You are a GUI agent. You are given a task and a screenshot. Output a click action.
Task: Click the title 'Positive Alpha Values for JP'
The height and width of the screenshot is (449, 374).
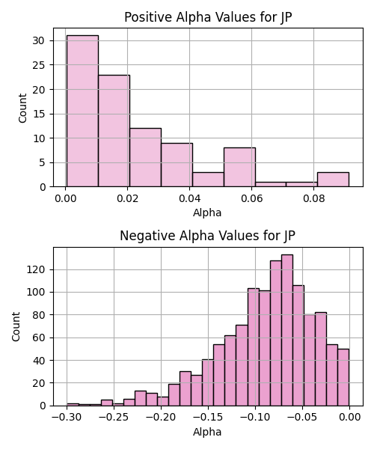208,17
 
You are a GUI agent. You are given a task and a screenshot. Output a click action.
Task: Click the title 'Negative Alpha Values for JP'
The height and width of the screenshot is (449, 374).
207,236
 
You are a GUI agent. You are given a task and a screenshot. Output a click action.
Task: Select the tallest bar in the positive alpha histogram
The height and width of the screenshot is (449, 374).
82,111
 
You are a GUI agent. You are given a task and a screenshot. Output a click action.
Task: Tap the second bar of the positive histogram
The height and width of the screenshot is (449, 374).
114,131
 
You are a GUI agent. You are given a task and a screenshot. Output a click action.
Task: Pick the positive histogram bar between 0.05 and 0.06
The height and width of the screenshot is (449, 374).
239,167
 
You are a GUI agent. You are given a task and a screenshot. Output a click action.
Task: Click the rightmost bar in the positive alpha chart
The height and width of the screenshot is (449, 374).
333,180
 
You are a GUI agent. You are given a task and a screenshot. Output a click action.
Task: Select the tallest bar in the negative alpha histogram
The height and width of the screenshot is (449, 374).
287,330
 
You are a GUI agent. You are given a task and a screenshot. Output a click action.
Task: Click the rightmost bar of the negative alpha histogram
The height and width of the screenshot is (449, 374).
343,377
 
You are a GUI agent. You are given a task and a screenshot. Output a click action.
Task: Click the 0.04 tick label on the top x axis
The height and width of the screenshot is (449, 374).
189,198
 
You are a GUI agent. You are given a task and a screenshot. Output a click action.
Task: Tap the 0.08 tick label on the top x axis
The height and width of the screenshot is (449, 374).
313,198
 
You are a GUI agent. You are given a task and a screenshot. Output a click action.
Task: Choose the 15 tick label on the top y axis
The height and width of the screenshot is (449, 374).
39,114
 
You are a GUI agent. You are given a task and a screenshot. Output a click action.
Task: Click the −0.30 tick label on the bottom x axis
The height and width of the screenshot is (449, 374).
67,417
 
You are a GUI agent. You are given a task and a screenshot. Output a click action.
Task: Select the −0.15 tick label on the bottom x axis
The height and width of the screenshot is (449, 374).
208,417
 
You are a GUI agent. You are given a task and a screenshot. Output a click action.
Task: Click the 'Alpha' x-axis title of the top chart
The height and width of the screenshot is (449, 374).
207,213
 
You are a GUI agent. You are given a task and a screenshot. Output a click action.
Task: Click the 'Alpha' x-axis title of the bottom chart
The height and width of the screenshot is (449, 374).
207,432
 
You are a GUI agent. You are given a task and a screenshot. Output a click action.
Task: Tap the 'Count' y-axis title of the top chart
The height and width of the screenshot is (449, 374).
22,108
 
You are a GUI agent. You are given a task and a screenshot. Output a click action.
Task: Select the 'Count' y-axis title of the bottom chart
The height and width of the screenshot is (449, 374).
16,327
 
